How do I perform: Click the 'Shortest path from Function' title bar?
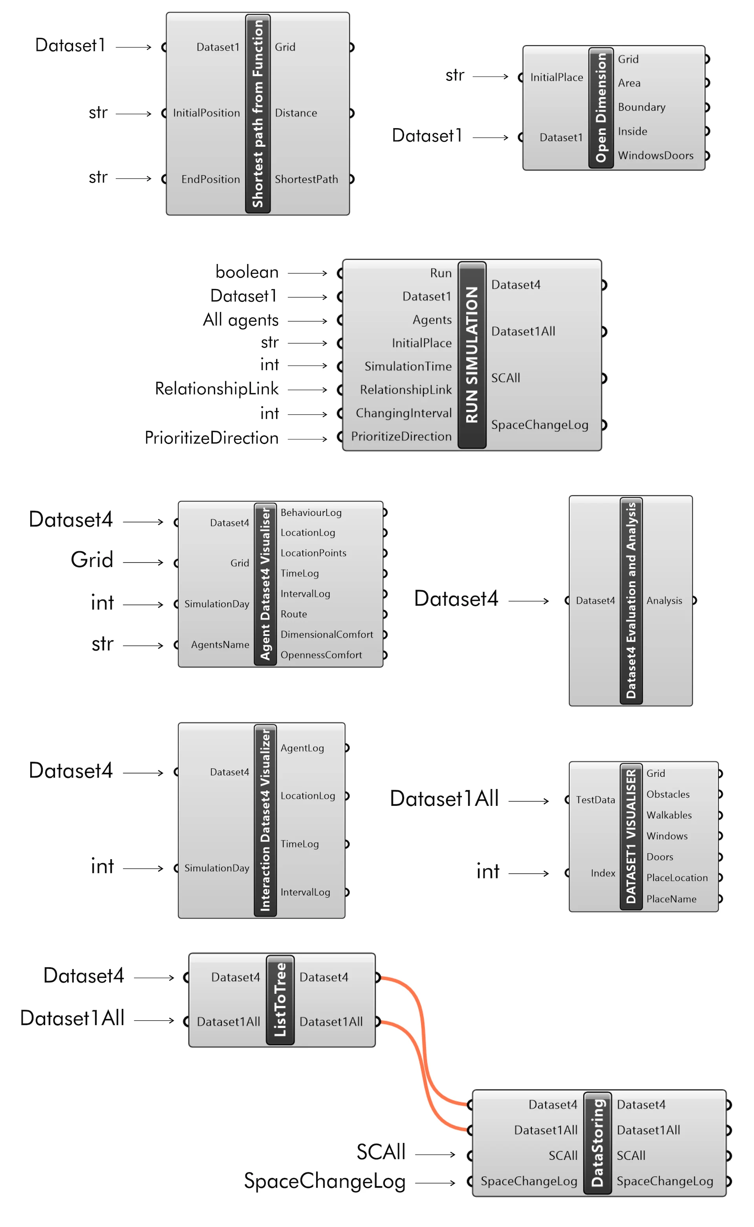(257, 114)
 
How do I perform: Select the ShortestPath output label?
(306, 179)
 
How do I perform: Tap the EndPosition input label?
(210, 179)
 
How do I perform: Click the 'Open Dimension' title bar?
(601, 108)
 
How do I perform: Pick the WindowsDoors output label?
(655, 156)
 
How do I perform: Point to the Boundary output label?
(641, 107)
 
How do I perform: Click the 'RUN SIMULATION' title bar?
(472, 355)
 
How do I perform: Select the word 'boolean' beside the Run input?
(247, 272)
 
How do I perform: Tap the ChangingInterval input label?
(403, 413)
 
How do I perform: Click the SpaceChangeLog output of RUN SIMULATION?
(540, 425)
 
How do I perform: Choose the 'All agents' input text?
(240, 320)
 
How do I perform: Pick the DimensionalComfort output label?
(327, 635)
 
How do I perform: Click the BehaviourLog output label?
(311, 512)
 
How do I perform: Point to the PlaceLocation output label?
(677, 878)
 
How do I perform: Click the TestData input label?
(595, 800)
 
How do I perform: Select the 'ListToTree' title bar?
(280, 1000)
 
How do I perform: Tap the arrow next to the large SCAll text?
(435, 1155)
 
